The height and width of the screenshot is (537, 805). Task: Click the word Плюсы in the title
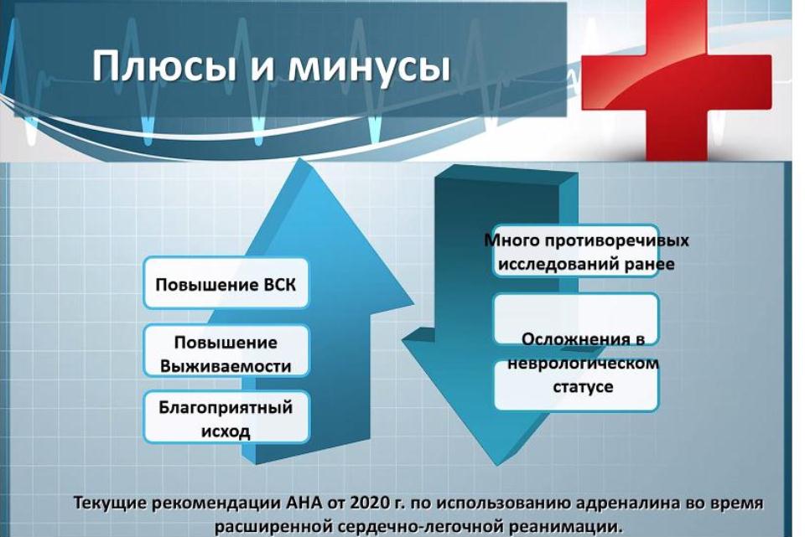(x=164, y=66)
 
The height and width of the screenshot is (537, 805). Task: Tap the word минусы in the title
(x=369, y=68)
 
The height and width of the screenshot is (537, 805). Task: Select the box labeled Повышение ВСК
(x=226, y=283)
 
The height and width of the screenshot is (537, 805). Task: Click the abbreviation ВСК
(x=279, y=284)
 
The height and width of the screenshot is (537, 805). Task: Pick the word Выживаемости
(x=226, y=366)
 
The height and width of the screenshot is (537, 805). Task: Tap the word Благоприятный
(x=226, y=408)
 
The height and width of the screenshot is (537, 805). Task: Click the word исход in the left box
(x=226, y=431)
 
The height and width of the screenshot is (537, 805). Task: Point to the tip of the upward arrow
(x=299, y=159)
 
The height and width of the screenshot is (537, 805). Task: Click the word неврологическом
(x=584, y=363)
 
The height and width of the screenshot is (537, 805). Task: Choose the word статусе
(x=584, y=386)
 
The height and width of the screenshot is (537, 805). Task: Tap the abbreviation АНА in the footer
(x=303, y=503)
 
